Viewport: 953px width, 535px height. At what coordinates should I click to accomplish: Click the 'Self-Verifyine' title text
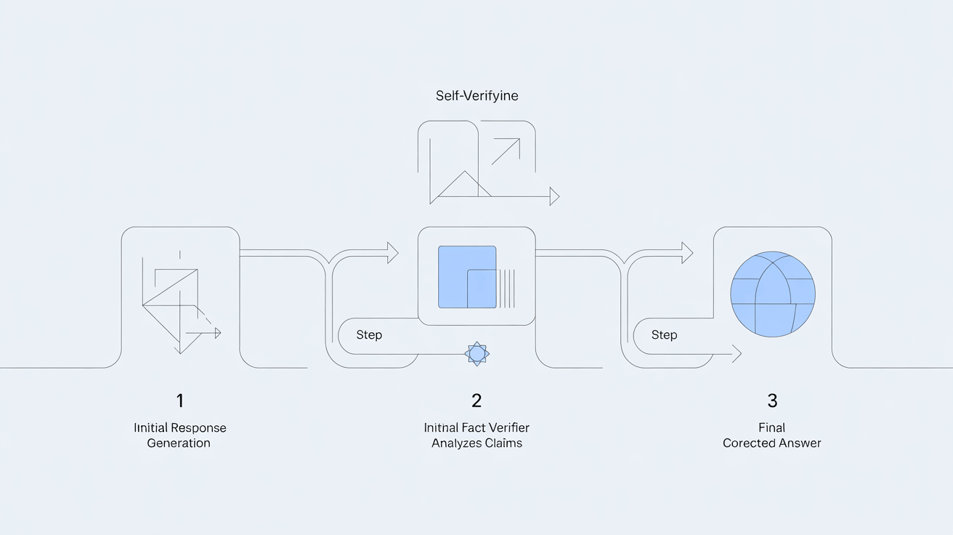(476, 96)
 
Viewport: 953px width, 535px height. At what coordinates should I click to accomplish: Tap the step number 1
(180, 401)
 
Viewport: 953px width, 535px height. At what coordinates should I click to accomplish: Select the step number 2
(476, 401)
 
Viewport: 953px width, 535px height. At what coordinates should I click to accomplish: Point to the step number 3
(772, 401)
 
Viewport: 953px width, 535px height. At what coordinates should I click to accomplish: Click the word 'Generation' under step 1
(179, 443)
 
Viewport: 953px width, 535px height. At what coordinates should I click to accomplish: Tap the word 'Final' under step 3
(771, 427)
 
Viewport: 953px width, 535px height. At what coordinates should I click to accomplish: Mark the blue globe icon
(772, 294)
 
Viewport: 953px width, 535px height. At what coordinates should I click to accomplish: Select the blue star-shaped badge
(476, 354)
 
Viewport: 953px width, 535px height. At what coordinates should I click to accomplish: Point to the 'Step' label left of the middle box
(369, 335)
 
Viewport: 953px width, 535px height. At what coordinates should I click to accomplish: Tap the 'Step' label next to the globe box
(664, 335)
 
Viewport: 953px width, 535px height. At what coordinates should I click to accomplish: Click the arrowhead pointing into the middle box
(393, 253)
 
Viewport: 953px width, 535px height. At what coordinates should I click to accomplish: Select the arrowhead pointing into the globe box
(687, 253)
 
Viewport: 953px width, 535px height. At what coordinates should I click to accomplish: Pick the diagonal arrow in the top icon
(506, 151)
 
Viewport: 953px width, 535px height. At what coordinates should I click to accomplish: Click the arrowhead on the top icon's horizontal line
(554, 196)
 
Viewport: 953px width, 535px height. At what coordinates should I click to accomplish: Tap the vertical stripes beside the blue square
(506, 289)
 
